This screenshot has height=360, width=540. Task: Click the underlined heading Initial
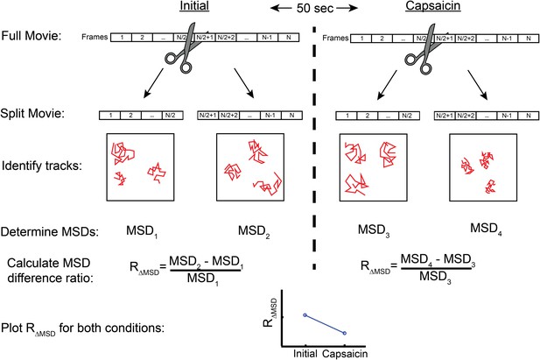point(194,6)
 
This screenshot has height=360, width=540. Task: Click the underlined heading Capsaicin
point(433,6)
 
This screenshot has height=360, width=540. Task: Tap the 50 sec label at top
point(315,8)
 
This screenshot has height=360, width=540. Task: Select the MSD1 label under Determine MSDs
point(142,231)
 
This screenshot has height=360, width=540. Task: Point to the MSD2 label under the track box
point(254,231)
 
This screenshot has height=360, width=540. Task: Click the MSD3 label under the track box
point(374,230)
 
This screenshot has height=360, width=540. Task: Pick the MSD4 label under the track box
point(486,229)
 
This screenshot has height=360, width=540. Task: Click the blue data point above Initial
point(305,314)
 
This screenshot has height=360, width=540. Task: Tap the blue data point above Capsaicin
point(344,333)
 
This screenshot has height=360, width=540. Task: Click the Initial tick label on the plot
point(305,354)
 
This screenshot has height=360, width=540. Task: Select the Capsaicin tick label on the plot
point(345,354)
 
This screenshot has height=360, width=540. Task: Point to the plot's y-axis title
point(270,313)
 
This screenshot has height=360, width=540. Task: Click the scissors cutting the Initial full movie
point(181,47)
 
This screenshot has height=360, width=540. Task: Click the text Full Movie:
point(32,36)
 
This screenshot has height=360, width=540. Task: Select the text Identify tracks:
point(42,166)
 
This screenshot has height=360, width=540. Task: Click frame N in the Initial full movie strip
point(288,38)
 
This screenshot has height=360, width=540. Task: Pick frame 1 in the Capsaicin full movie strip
point(361,39)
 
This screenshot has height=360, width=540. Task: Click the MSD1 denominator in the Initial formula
point(203,279)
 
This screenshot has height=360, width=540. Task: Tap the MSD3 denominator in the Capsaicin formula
point(435,278)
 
